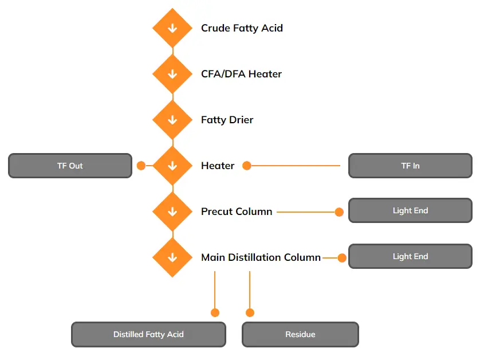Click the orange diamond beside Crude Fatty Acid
(x=172, y=28)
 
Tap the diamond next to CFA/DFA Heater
(x=172, y=74)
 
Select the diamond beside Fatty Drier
(x=172, y=120)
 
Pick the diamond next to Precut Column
(x=172, y=212)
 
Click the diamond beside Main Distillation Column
(x=172, y=257)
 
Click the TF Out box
(x=70, y=166)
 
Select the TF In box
(x=410, y=166)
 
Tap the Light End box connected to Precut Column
(x=410, y=210)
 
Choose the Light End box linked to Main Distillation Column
(x=410, y=256)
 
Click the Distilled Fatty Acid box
(x=148, y=334)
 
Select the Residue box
(x=300, y=334)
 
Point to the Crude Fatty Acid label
(x=242, y=28)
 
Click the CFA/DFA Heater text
(x=241, y=74)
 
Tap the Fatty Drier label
(x=227, y=120)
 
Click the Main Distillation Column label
(x=261, y=257)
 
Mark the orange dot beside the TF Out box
(x=141, y=166)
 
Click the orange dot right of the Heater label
(x=247, y=166)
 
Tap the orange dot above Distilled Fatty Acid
(x=215, y=312)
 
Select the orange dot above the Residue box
(x=250, y=312)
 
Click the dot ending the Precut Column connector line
(x=339, y=212)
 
